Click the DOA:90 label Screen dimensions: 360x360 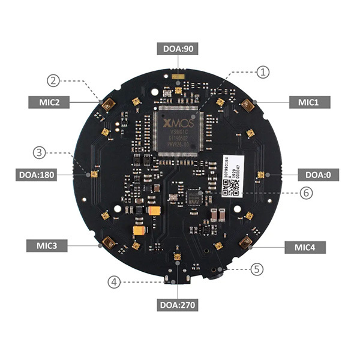178,47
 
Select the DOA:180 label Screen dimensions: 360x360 37,175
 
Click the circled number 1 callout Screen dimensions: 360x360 263,71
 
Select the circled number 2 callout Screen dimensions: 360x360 53,80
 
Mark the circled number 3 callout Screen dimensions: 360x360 40,152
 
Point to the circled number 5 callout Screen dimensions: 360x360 257,269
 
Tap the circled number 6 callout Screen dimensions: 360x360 306,193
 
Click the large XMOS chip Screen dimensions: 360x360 177,130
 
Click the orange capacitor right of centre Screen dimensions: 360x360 155,211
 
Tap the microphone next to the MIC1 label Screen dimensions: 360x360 247,106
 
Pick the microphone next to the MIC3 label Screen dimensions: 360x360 109,243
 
